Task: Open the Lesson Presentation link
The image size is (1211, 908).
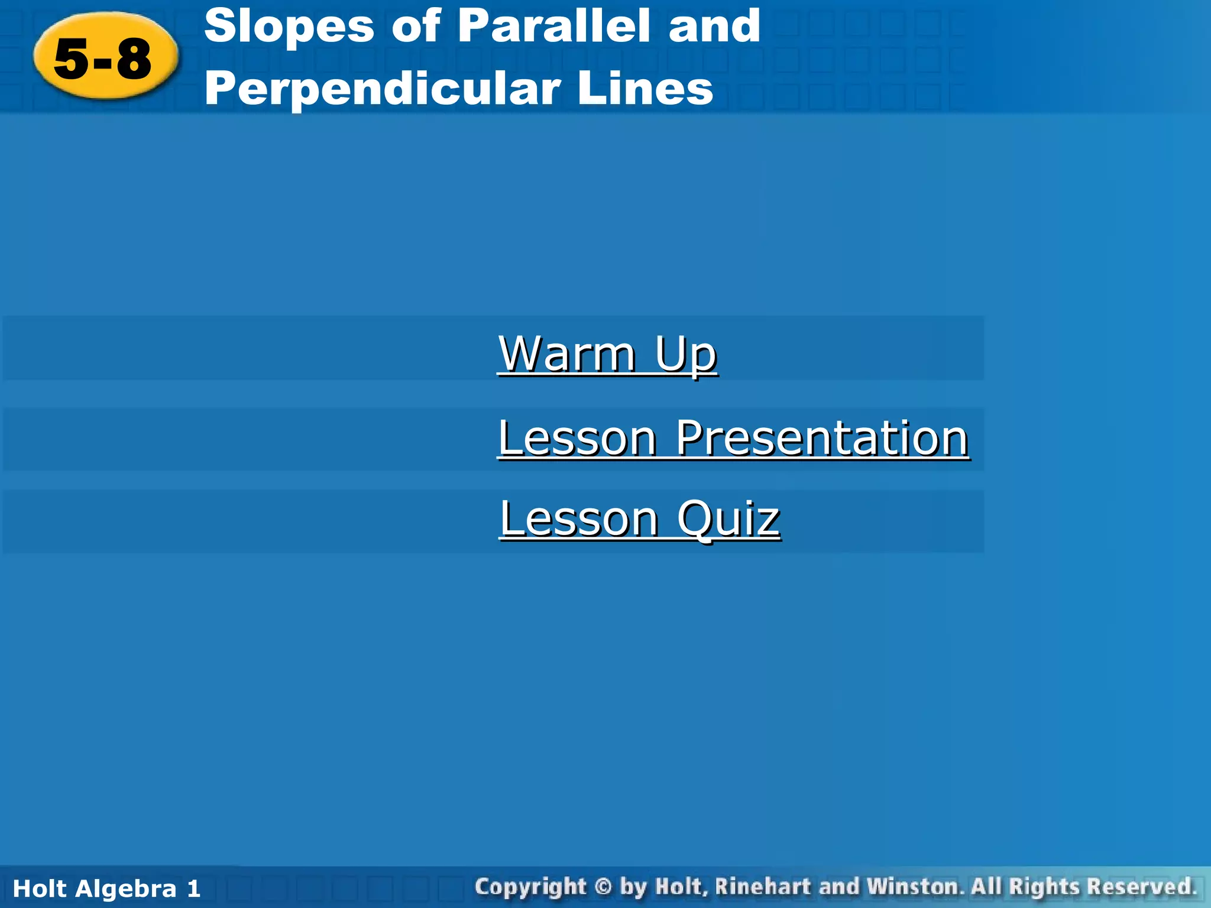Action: point(733,438)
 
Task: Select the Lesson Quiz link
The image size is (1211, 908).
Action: point(640,518)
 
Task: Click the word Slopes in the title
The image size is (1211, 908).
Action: point(289,27)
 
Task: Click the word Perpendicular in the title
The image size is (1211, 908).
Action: point(381,89)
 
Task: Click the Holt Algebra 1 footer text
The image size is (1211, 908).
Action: point(106,888)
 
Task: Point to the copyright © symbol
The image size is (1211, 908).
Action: point(603,887)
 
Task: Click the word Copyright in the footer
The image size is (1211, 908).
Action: point(530,887)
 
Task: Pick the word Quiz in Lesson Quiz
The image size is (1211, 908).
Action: point(728,518)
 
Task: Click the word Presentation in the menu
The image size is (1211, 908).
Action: point(822,438)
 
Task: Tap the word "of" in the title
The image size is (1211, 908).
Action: point(416,27)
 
